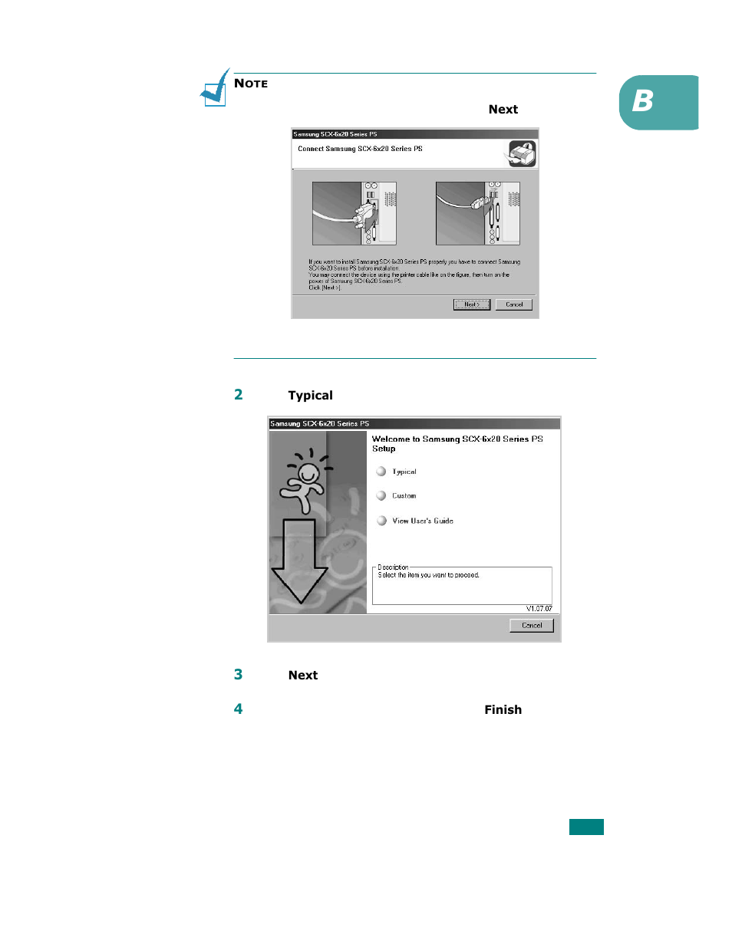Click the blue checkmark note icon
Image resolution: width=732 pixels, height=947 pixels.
pyautogui.click(x=215, y=89)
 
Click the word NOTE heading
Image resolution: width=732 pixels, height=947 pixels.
pyautogui.click(x=251, y=84)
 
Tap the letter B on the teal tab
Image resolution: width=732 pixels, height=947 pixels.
pyautogui.click(x=643, y=100)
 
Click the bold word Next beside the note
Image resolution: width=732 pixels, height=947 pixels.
pyautogui.click(x=503, y=110)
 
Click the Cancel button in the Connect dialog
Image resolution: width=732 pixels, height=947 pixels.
pyautogui.click(x=513, y=304)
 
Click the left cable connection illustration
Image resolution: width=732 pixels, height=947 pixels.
pyautogui.click(x=354, y=213)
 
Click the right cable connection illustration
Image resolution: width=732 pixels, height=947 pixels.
pyautogui.click(x=477, y=213)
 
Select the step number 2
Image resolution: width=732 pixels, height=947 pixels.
pyautogui.click(x=239, y=395)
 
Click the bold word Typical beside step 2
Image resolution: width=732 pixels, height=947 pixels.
pyautogui.click(x=311, y=396)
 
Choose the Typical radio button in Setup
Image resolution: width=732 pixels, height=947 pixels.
pyautogui.click(x=381, y=472)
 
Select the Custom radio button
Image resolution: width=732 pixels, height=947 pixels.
pyautogui.click(x=381, y=496)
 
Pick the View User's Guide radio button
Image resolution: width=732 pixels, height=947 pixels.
pyautogui.click(x=381, y=521)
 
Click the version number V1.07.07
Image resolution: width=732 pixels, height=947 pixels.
pyautogui.click(x=539, y=609)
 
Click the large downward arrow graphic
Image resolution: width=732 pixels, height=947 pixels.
pyautogui.click(x=299, y=560)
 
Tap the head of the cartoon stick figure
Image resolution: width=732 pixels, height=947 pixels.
pyautogui.click(x=308, y=472)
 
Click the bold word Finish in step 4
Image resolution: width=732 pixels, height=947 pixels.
pyautogui.click(x=503, y=710)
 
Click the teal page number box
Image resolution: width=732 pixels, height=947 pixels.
pyautogui.click(x=586, y=827)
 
